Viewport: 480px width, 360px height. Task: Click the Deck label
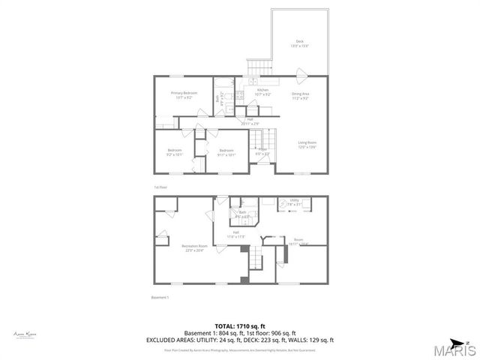(300, 43)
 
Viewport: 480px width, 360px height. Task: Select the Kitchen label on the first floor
(262, 92)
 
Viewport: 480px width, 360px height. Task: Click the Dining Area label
(301, 95)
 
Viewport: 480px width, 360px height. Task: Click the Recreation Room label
(193, 247)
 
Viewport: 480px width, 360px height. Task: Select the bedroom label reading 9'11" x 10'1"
(227, 153)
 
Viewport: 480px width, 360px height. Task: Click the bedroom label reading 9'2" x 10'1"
(175, 153)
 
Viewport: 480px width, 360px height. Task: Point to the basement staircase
(256, 259)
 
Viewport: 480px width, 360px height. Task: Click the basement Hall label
(238, 234)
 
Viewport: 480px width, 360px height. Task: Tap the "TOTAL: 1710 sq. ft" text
(240, 326)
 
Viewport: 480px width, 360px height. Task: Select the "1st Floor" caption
(160, 187)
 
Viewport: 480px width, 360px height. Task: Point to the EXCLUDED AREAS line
(240, 340)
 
